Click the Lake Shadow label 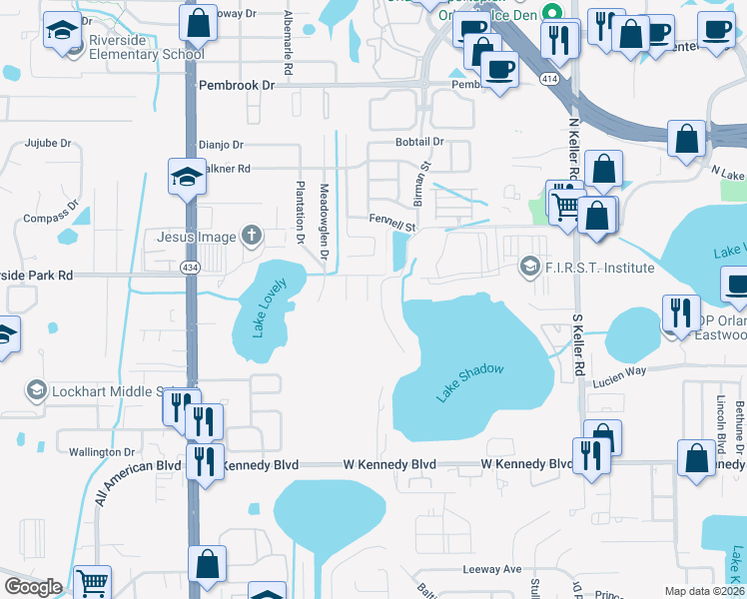[469, 383]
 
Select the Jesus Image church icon [252, 237]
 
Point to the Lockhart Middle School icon [37, 388]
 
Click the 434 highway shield [190, 268]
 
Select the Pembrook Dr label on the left [237, 86]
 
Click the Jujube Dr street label [49, 143]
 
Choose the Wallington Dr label [102, 452]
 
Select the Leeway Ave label [492, 569]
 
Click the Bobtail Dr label [418, 143]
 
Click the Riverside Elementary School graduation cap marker [62, 31]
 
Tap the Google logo [34, 587]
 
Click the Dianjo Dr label [221, 144]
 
